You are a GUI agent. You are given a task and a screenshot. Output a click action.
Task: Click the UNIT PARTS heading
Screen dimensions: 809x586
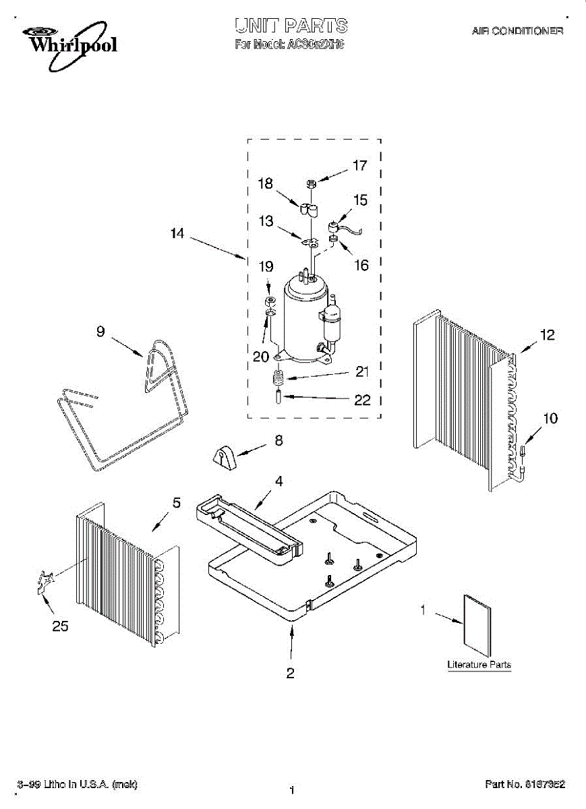[291, 26]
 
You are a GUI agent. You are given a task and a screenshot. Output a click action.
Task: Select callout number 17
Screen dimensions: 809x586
[360, 165]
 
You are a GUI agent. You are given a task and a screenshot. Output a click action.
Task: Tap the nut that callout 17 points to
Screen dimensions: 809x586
[312, 183]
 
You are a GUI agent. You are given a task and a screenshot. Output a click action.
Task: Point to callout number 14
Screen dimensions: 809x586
[177, 234]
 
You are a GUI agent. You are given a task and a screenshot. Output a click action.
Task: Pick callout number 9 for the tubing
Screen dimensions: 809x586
[100, 331]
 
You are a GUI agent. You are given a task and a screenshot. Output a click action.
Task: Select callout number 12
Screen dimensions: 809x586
[548, 334]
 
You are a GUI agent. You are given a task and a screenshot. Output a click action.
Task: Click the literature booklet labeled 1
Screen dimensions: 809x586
[477, 624]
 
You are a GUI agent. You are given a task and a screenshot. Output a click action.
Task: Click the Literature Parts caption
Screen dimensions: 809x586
[479, 665]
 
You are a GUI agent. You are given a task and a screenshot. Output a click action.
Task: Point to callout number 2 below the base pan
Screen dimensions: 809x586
[291, 673]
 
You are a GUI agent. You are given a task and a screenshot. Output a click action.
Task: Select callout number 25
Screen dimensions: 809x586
[60, 626]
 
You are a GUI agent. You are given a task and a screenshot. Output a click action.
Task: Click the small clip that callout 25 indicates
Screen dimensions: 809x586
[45, 580]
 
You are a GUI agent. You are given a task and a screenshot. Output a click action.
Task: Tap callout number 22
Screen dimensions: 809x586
[362, 400]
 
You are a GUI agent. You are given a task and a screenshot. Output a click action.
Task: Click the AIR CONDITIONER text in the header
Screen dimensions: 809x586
[517, 31]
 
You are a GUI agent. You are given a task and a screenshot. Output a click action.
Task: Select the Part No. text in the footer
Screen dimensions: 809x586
[525, 784]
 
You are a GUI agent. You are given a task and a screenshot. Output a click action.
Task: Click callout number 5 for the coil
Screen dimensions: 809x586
[177, 502]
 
